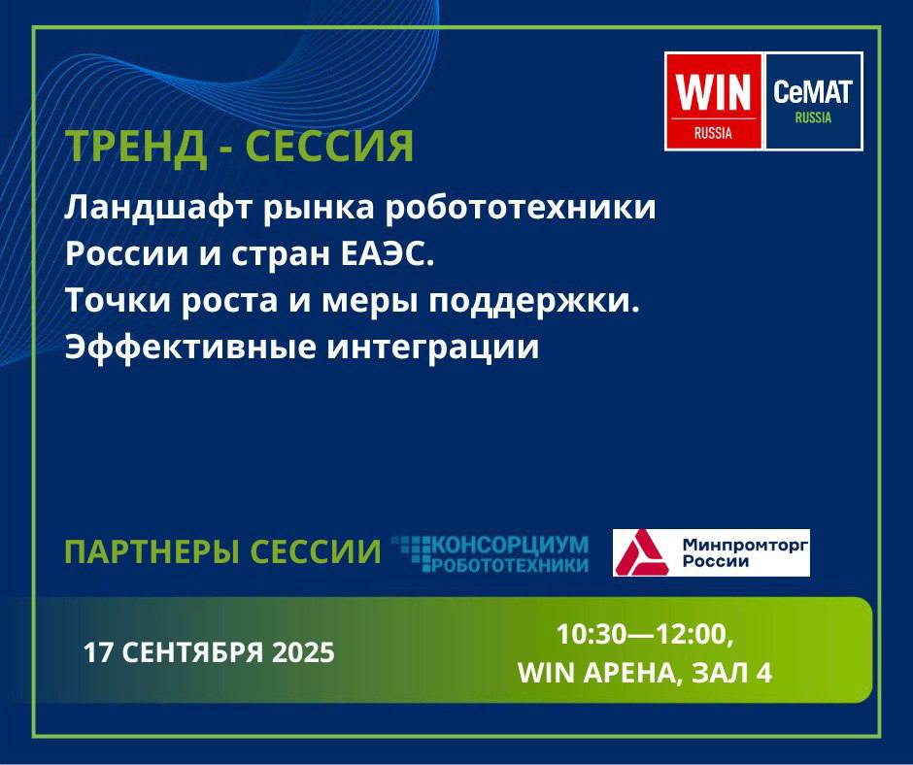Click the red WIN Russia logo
pyautogui.click(x=714, y=101)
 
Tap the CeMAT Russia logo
pyautogui.click(x=813, y=101)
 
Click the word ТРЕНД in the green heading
pyautogui.click(x=136, y=146)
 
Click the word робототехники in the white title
pyautogui.click(x=521, y=207)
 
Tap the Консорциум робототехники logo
pyautogui.click(x=490, y=553)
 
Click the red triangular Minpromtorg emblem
pyautogui.click(x=641, y=552)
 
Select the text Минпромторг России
pyautogui.click(x=745, y=553)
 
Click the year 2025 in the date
pyautogui.click(x=303, y=652)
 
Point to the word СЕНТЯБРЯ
pyautogui.click(x=192, y=652)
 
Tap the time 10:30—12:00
pyautogui.click(x=645, y=634)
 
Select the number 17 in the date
pyautogui.click(x=98, y=652)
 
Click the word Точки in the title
pyautogui.click(x=117, y=301)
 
